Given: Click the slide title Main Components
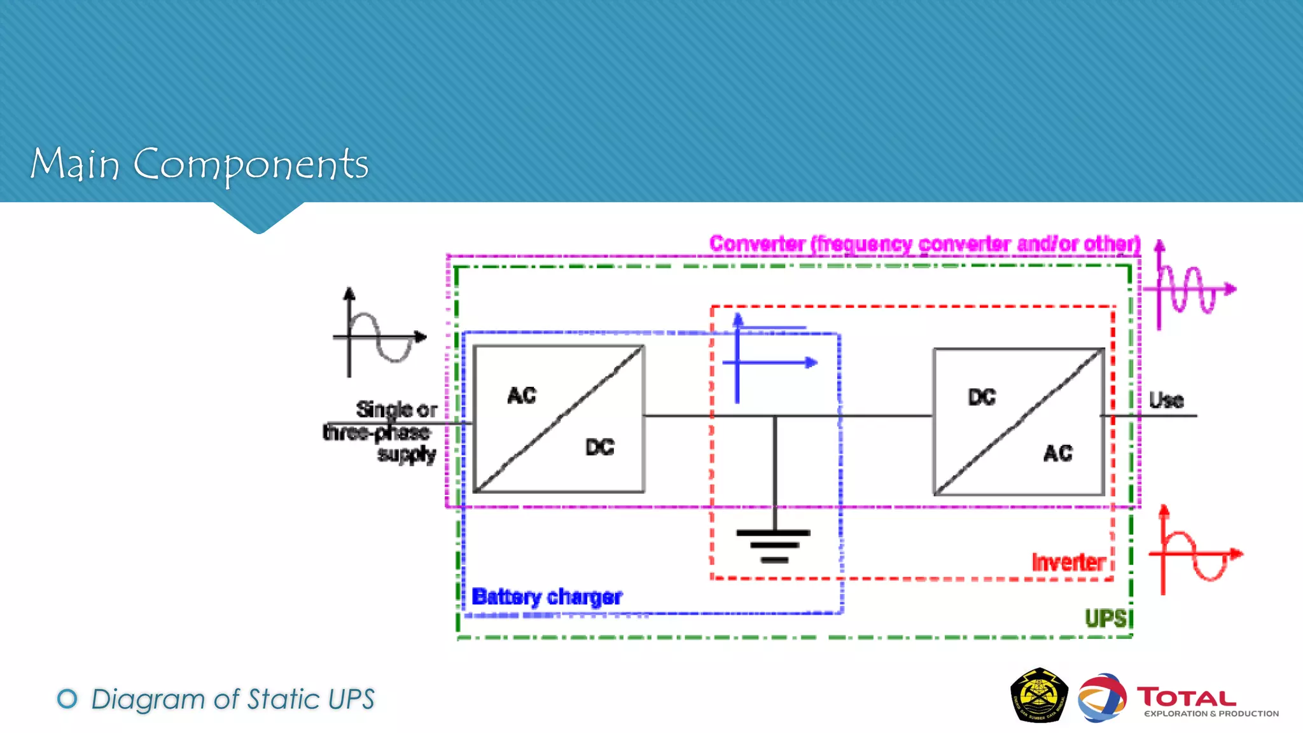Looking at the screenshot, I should point(199,164).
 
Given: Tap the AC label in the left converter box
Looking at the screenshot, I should point(522,396).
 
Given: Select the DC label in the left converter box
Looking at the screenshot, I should point(600,447).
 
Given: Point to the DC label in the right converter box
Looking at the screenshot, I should point(982,398).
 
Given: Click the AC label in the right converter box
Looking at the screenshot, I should point(1058,453).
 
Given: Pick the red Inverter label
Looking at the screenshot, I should point(1068,562).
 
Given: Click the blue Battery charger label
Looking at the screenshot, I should point(547,597).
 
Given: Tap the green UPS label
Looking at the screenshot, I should point(1106,618).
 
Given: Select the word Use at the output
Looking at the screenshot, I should point(1166,400).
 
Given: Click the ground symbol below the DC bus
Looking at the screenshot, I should point(774,545).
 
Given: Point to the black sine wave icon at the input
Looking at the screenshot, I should point(379,334).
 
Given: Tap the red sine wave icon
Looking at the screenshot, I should point(1195,553).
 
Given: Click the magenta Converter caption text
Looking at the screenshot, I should point(924,244).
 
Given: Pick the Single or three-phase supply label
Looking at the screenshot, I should point(388,431).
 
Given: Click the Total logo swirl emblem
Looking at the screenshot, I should point(1102,698).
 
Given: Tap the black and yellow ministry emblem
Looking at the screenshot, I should point(1039,695).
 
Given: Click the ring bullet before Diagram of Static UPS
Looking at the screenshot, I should point(67,699).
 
